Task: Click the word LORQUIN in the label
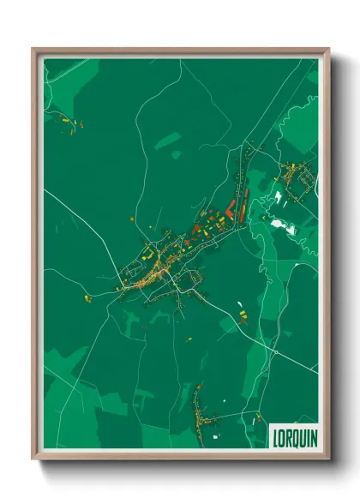point(294,436)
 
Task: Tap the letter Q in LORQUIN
point(296,436)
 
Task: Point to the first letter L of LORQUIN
point(275,436)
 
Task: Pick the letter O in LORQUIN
point(282,436)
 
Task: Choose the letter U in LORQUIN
point(303,436)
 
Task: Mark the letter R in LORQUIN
point(289,436)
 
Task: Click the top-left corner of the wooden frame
point(33,49)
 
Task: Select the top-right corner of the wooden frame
point(328,49)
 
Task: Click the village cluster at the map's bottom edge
point(201,415)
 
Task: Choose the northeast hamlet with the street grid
point(296,180)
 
